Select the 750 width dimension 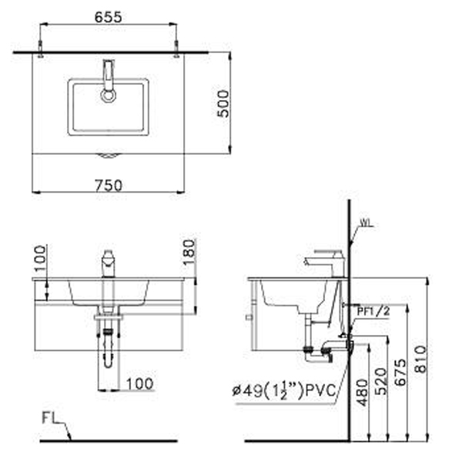110,186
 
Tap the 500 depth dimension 223,102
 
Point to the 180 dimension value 190,252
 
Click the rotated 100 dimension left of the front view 41,258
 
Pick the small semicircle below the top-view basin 109,154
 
